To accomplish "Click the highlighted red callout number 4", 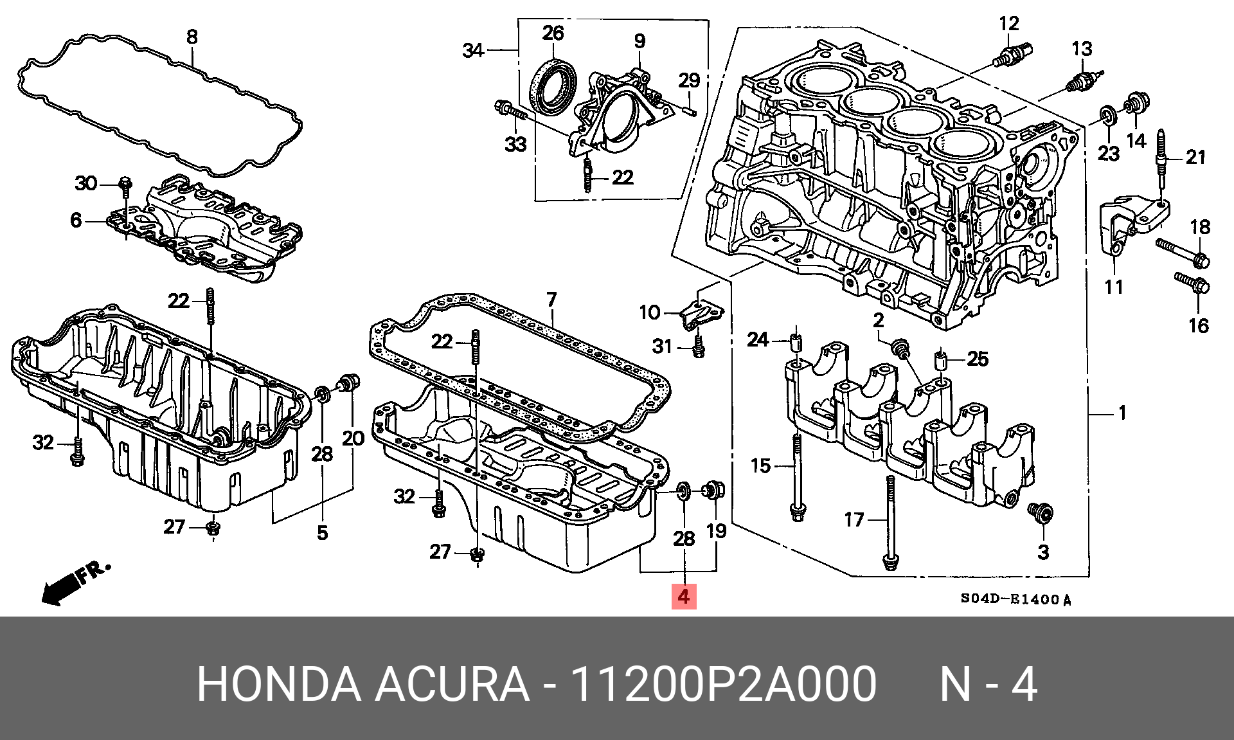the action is (683, 597).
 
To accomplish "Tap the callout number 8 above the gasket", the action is (192, 37).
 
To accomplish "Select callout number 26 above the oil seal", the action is (553, 33).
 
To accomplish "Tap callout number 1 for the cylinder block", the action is (1122, 413).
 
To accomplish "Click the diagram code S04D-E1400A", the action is (1015, 600).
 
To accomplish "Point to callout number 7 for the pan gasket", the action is (551, 300).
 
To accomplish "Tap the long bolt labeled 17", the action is (888, 521).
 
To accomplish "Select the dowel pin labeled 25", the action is (940, 360).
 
